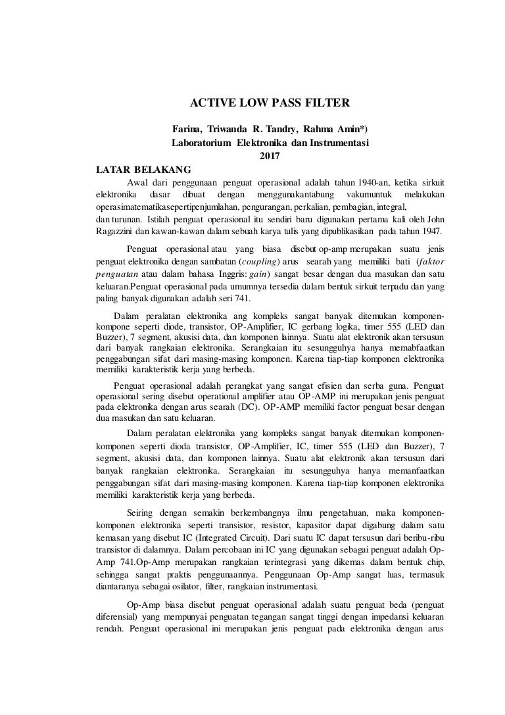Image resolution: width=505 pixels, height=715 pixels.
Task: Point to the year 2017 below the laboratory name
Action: tap(270, 155)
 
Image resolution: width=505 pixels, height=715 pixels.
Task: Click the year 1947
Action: tap(431, 231)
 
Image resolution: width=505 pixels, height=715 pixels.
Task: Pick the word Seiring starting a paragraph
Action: tap(140, 512)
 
